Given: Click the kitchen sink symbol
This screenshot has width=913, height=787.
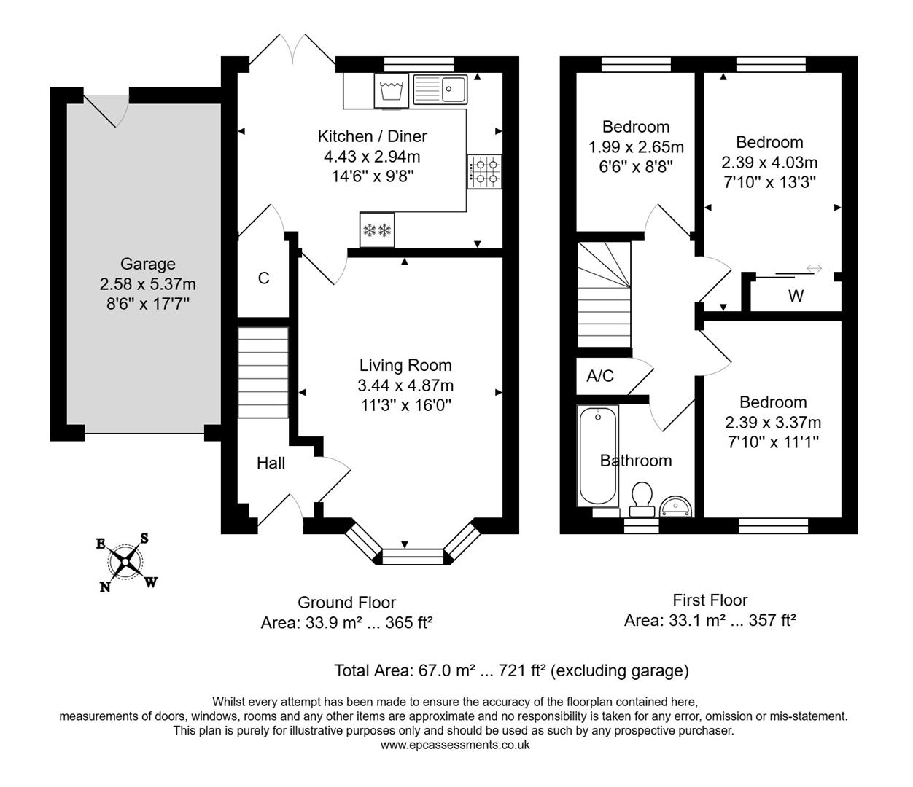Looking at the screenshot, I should point(440,90).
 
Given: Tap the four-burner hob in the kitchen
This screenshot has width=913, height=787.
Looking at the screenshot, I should point(485,171).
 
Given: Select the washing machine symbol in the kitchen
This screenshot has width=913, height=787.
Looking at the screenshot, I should point(392,91).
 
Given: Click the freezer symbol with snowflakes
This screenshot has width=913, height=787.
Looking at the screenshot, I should point(377,230).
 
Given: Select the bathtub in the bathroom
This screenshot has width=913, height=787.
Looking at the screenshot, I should point(598,456).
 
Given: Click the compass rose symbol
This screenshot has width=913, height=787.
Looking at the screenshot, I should point(127,562).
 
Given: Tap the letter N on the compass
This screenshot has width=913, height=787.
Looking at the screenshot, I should point(106,587).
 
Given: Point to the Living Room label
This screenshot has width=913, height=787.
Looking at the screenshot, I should point(405,366).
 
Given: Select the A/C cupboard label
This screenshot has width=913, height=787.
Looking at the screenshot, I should point(600,376).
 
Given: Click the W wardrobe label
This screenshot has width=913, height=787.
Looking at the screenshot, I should point(796,296).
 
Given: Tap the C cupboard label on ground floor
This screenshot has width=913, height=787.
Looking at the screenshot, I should point(264,278).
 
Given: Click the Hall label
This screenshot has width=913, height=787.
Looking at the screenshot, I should point(271,463).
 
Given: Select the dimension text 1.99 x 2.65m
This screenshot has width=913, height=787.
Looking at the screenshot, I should point(636,147).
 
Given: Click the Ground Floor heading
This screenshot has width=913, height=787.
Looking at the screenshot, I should point(346,603).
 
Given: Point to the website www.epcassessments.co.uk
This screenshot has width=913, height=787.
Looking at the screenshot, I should point(455,745).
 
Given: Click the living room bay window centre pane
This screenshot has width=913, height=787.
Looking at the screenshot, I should point(412,557).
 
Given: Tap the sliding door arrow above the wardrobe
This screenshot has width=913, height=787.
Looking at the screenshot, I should point(814,269).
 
